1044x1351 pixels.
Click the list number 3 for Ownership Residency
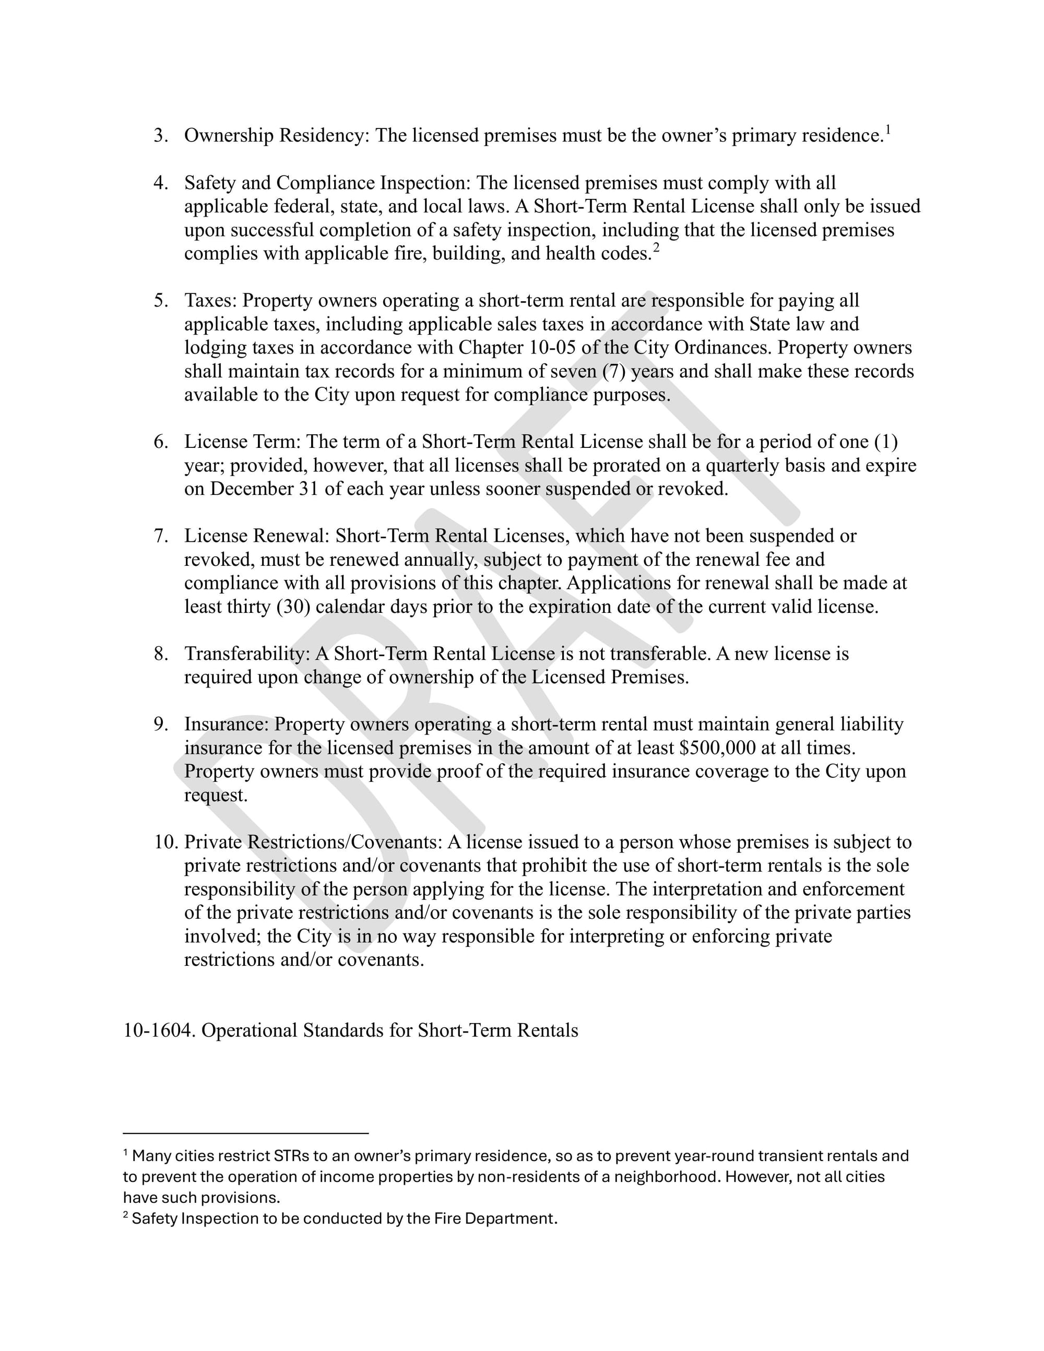pyautogui.click(x=160, y=136)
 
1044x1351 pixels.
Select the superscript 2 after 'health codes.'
pyautogui.click(x=656, y=248)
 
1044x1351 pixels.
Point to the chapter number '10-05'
pyautogui.click(x=552, y=348)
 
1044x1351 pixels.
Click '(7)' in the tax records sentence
pyautogui.click(x=613, y=371)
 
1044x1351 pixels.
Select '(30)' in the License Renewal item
pyautogui.click(x=293, y=607)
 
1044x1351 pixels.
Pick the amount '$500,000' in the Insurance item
pyautogui.click(x=717, y=748)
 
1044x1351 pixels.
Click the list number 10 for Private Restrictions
pyautogui.click(x=166, y=842)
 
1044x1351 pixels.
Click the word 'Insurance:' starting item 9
pyautogui.click(x=227, y=725)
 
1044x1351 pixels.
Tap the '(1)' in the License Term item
pyautogui.click(x=885, y=442)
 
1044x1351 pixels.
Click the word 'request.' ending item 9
pyautogui.click(x=215, y=795)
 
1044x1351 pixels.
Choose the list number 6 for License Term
pyautogui.click(x=160, y=442)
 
